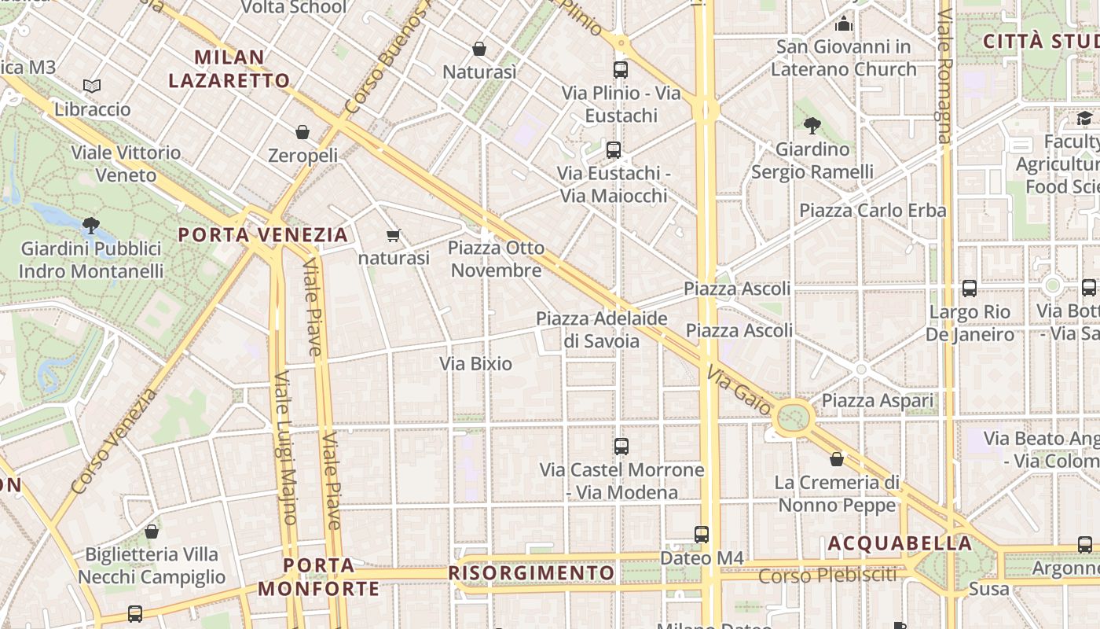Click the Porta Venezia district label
pyautogui.click(x=262, y=235)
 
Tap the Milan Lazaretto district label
pyautogui.click(x=229, y=68)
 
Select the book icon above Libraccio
pyautogui.click(x=92, y=86)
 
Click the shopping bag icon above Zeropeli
pyautogui.click(x=302, y=132)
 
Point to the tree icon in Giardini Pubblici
pyautogui.click(x=91, y=226)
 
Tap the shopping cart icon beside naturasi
pyautogui.click(x=394, y=235)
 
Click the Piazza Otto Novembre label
pyautogui.click(x=496, y=259)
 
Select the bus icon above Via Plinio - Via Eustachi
pyautogui.click(x=621, y=69)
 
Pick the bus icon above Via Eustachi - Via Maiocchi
pyautogui.click(x=614, y=149)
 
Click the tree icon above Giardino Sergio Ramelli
pyautogui.click(x=812, y=125)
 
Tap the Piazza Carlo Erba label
pyautogui.click(x=872, y=211)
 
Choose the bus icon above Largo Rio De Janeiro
pyautogui.click(x=970, y=289)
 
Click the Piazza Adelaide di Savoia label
pyautogui.click(x=602, y=329)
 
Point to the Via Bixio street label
pyautogui.click(x=475, y=364)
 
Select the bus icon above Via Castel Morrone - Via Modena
pyautogui.click(x=621, y=447)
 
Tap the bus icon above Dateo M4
pyautogui.click(x=702, y=535)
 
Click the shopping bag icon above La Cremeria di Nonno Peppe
pyautogui.click(x=837, y=459)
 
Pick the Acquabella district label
pyautogui.click(x=900, y=543)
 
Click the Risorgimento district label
pyautogui.click(x=531, y=573)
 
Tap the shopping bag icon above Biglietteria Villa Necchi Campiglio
pyautogui.click(x=152, y=532)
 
